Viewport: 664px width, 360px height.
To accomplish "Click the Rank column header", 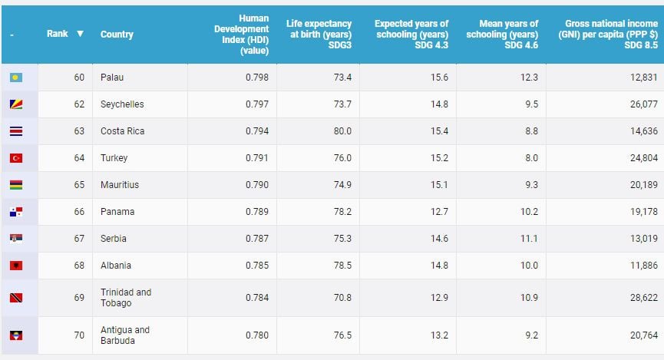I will pyautogui.click(x=57, y=34).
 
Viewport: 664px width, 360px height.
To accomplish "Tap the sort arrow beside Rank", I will pyautogui.click(x=80, y=34).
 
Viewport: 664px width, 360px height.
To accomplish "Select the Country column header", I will pyautogui.click(x=117, y=35).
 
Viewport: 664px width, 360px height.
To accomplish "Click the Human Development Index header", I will pyautogui.click(x=248, y=34).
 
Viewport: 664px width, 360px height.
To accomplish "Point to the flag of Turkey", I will pyautogui.click(x=16, y=158).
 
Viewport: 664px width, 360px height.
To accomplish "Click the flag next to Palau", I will pyautogui.click(x=16, y=78).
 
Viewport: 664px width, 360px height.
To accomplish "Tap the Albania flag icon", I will pyautogui.click(x=16, y=266).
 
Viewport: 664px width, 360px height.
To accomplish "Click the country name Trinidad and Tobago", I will pyautogui.click(x=126, y=298).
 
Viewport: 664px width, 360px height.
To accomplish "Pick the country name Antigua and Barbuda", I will pyautogui.click(x=125, y=335).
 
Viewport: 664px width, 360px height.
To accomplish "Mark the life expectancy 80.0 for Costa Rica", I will pyautogui.click(x=342, y=131).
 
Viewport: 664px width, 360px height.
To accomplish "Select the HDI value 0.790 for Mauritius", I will pyautogui.click(x=256, y=185).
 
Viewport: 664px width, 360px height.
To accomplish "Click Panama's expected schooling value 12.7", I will pyautogui.click(x=439, y=212).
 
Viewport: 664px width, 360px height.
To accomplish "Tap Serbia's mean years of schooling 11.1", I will pyautogui.click(x=529, y=239).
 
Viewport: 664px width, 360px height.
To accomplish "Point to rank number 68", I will pyautogui.click(x=79, y=266).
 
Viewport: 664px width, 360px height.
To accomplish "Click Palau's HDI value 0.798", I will pyautogui.click(x=256, y=78).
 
